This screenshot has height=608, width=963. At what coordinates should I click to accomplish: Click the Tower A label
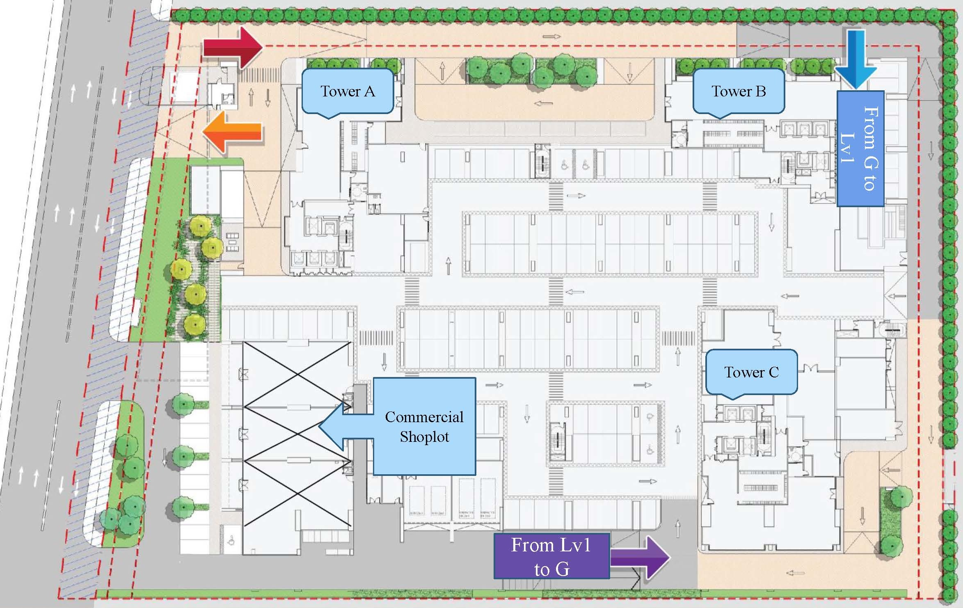[x=348, y=91]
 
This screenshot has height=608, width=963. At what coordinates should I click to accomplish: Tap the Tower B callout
[x=739, y=91]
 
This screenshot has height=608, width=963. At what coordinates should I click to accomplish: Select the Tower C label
[x=751, y=372]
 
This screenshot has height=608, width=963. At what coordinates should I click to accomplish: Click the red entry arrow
[x=233, y=47]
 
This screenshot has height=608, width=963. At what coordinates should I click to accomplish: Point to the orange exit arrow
[x=232, y=132]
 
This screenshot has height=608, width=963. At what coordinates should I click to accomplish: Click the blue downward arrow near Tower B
[x=855, y=59]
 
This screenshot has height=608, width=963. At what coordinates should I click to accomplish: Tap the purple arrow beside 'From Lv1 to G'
[x=640, y=557]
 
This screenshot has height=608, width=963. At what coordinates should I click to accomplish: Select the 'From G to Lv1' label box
[x=860, y=149]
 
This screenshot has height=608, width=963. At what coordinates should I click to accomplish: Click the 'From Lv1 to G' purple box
[x=551, y=556]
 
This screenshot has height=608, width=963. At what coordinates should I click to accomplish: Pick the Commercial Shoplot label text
[x=424, y=427]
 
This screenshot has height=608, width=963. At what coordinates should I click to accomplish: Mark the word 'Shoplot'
[x=424, y=437]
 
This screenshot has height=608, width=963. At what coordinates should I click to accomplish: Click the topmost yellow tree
[x=201, y=226]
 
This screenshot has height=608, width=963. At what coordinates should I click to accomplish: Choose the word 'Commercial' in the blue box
[x=424, y=417]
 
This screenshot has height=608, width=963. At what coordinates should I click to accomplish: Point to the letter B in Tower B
[x=761, y=91]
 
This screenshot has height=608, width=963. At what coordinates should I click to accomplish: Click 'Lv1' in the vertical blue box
[x=848, y=149]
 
